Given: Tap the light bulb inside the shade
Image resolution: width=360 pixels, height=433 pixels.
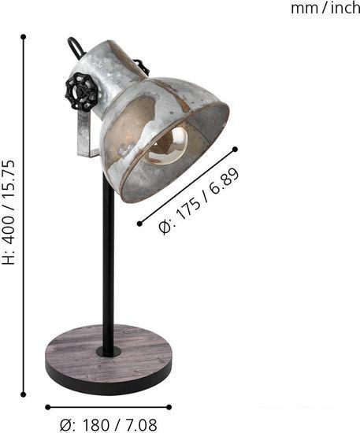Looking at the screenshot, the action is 169,145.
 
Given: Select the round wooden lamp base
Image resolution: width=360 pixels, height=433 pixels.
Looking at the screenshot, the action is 108,359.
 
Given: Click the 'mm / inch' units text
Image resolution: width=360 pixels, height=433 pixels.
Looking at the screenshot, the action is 325,9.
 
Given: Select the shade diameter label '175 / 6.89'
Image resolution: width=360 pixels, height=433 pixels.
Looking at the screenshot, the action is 199,202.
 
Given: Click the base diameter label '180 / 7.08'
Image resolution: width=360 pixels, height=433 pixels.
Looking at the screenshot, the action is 108,424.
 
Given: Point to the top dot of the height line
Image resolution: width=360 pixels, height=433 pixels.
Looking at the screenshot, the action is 24,36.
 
